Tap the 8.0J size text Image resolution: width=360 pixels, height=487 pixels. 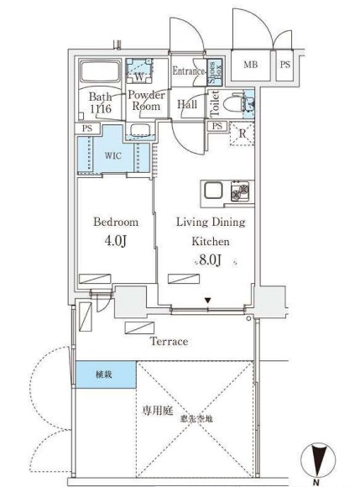click(210, 262)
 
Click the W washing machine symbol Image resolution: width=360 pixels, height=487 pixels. click(138, 74)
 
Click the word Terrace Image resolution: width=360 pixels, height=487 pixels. click(169, 342)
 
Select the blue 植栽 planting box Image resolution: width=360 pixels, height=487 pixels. click(104, 374)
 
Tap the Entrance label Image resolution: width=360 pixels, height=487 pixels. click(189, 71)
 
